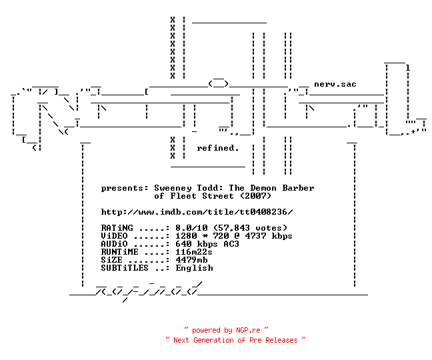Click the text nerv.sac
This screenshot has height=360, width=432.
(x=335, y=84)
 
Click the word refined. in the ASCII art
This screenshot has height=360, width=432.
(x=217, y=148)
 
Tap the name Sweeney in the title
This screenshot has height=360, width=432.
(x=173, y=188)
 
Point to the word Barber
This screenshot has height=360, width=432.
(x=298, y=188)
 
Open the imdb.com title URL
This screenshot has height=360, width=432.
(x=197, y=212)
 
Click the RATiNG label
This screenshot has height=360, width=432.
(x=117, y=228)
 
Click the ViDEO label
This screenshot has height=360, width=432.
(x=114, y=236)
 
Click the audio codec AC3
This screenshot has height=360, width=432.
(x=231, y=244)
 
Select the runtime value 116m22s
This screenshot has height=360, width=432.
(x=194, y=252)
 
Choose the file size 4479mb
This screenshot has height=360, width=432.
(x=191, y=260)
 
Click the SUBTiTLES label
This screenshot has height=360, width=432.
(x=125, y=268)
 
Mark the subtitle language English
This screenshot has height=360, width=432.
(x=194, y=268)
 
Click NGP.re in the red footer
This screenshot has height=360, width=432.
(x=248, y=330)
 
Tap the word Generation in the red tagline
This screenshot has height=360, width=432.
(x=213, y=340)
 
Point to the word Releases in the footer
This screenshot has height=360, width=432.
(x=281, y=340)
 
